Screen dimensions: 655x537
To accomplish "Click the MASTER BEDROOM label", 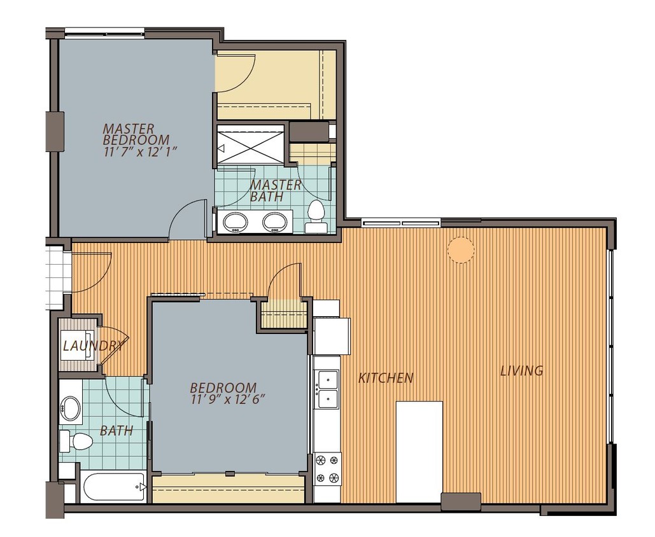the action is [136, 134].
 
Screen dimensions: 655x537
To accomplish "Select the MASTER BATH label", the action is [275, 190].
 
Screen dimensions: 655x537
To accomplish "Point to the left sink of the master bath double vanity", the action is [235, 221].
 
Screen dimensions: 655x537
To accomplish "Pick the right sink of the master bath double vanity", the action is [274, 221].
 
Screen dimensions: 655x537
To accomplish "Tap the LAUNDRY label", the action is [93, 345].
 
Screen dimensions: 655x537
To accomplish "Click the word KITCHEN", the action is [386, 378].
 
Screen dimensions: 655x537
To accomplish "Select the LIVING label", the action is [522, 370].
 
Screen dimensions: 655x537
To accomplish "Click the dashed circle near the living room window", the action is [461, 249].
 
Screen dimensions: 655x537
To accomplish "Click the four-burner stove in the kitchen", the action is [327, 470].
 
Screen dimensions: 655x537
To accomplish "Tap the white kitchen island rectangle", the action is [419, 452].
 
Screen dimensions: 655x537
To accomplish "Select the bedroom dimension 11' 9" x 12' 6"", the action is [228, 400].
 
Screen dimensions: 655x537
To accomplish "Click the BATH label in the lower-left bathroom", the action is [116, 431].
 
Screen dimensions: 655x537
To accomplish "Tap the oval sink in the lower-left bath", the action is [71, 407].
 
